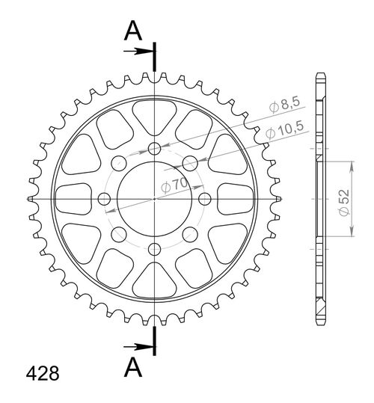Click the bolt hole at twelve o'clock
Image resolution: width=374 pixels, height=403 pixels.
154,147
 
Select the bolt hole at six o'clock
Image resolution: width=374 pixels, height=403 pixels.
154,249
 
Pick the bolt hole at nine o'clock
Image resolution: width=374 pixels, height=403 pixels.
104,198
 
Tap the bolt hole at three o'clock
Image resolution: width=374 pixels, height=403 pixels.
205,198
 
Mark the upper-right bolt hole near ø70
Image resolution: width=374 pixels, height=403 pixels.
190,162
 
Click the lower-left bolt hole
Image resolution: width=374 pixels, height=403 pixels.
118,234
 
